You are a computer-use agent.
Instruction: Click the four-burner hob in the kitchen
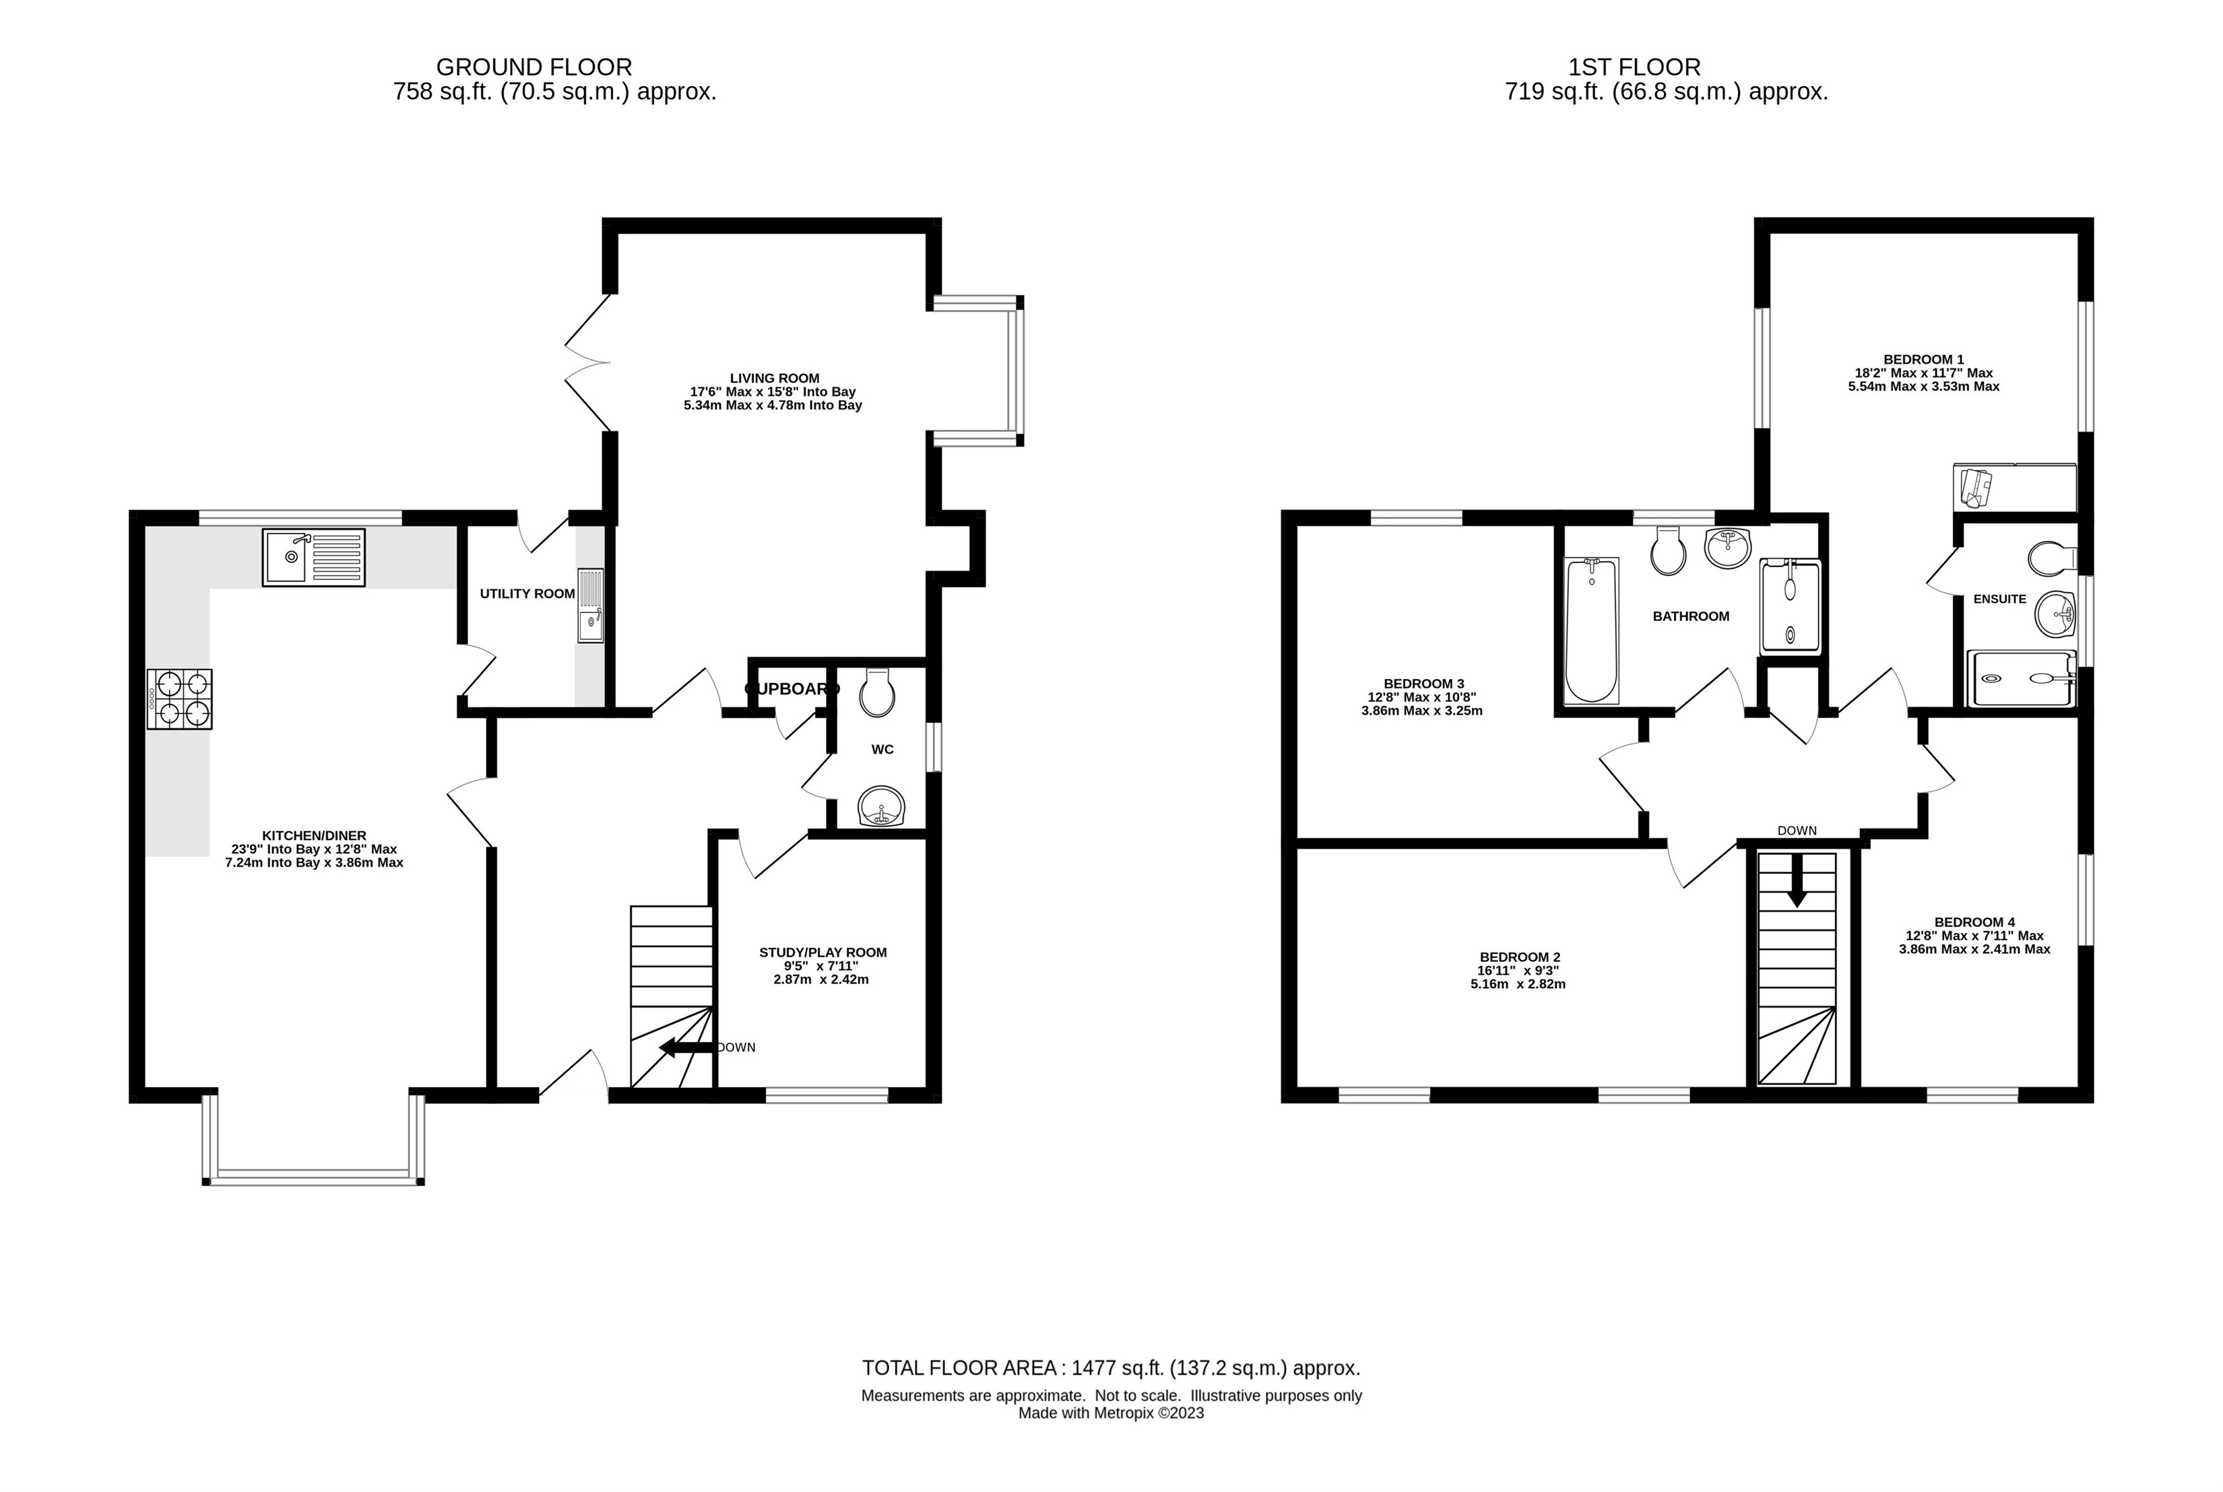coord(180,699)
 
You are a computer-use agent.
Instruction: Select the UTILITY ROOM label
coord(527,593)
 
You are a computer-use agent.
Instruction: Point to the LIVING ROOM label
coord(774,378)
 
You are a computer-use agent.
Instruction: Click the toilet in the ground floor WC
coord(876,692)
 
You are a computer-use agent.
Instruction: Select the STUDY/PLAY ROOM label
coord(823,952)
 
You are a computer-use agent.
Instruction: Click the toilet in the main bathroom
coord(1668,551)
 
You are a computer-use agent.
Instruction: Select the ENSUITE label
coord(1999,599)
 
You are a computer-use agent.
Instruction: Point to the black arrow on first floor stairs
coord(1797,883)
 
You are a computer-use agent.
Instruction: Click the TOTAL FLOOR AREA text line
coord(1111,1368)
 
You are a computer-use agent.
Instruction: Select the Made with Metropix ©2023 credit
coord(1111,1413)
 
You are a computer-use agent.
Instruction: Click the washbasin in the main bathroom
coord(1727,548)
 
